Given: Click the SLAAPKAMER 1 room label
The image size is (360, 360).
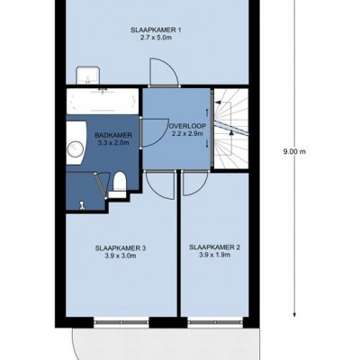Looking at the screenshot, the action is [156, 30].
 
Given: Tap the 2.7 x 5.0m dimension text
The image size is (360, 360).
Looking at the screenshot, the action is [156, 38].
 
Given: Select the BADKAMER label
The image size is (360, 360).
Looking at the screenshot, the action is [113, 135].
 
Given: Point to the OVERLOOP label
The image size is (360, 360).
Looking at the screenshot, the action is [188, 126].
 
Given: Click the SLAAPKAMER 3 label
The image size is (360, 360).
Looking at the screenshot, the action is [121, 248].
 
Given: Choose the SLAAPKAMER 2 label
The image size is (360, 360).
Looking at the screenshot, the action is [214, 247].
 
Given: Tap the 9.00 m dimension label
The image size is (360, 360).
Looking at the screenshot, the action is [294, 152].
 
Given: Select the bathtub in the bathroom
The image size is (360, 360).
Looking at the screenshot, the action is [103, 102].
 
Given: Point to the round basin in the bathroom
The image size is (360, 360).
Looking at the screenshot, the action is [76, 149].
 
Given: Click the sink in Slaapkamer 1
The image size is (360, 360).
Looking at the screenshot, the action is [87, 76].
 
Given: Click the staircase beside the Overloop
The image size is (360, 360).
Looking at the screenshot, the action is [230, 129].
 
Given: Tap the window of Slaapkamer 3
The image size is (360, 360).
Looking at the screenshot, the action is [121, 322].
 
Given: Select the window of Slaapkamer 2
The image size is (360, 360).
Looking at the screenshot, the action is [215, 322].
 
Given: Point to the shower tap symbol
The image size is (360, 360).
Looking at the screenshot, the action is [81, 206].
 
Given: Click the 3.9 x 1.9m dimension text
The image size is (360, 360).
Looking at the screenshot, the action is [214, 256].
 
